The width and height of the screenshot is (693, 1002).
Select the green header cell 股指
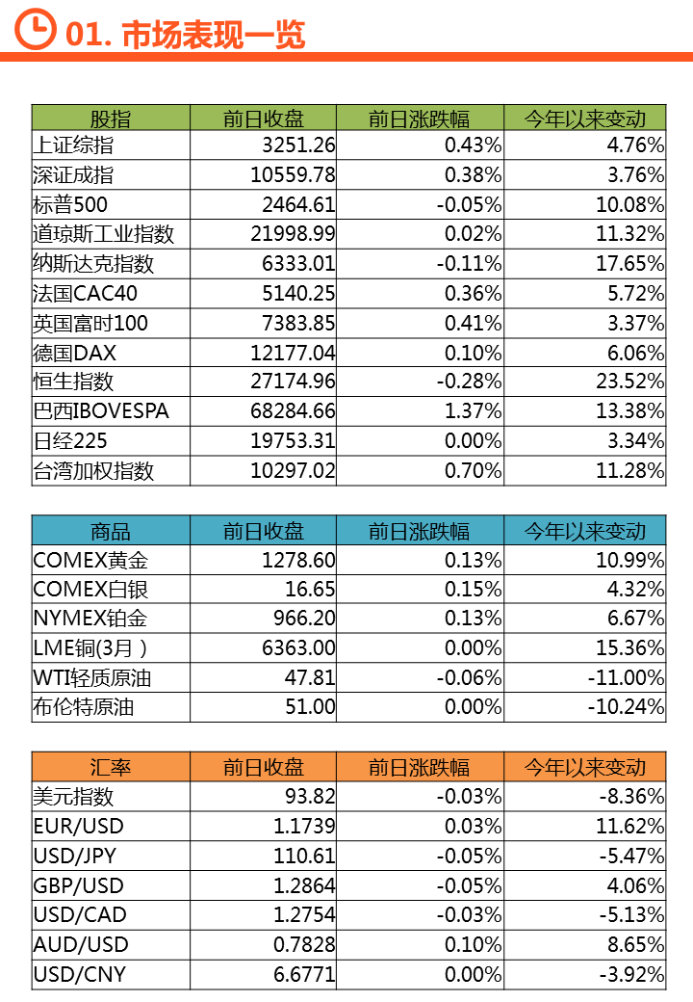click(111, 119)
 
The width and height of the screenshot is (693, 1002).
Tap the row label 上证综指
click(73, 145)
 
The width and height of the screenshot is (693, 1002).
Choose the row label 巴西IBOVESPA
click(101, 411)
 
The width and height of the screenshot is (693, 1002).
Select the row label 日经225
click(70, 441)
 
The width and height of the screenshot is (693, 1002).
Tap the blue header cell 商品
click(111, 531)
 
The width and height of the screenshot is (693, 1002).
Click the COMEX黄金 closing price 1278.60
click(298, 560)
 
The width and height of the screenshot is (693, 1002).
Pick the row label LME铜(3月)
click(91, 648)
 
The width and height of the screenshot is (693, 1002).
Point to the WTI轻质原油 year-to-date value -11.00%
click(626, 678)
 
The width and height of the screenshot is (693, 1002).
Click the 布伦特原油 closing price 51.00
click(311, 707)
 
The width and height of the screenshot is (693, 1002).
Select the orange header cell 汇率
click(111, 767)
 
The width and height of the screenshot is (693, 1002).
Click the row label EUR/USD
click(79, 827)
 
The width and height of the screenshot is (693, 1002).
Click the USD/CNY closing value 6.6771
click(304, 975)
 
